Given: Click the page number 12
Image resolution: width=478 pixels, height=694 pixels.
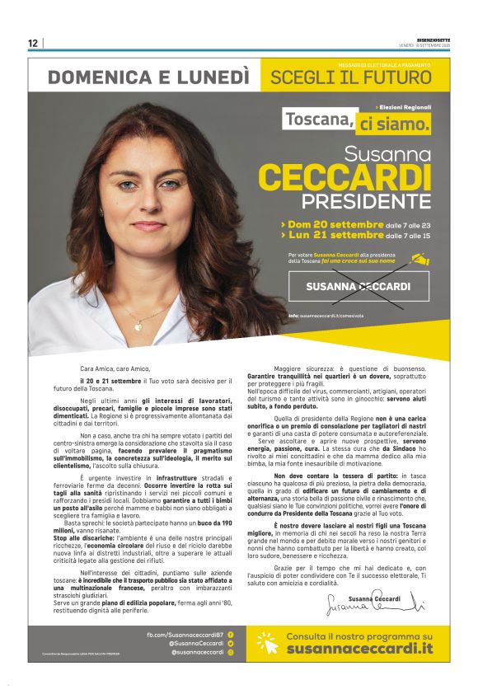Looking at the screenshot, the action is tap(33, 43).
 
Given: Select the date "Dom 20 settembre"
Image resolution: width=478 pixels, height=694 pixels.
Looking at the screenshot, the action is tap(335, 224).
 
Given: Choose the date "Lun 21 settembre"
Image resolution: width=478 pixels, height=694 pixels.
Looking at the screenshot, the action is tap(335, 236).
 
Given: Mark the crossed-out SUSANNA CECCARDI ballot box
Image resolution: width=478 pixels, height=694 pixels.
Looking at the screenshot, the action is tap(358, 286).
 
